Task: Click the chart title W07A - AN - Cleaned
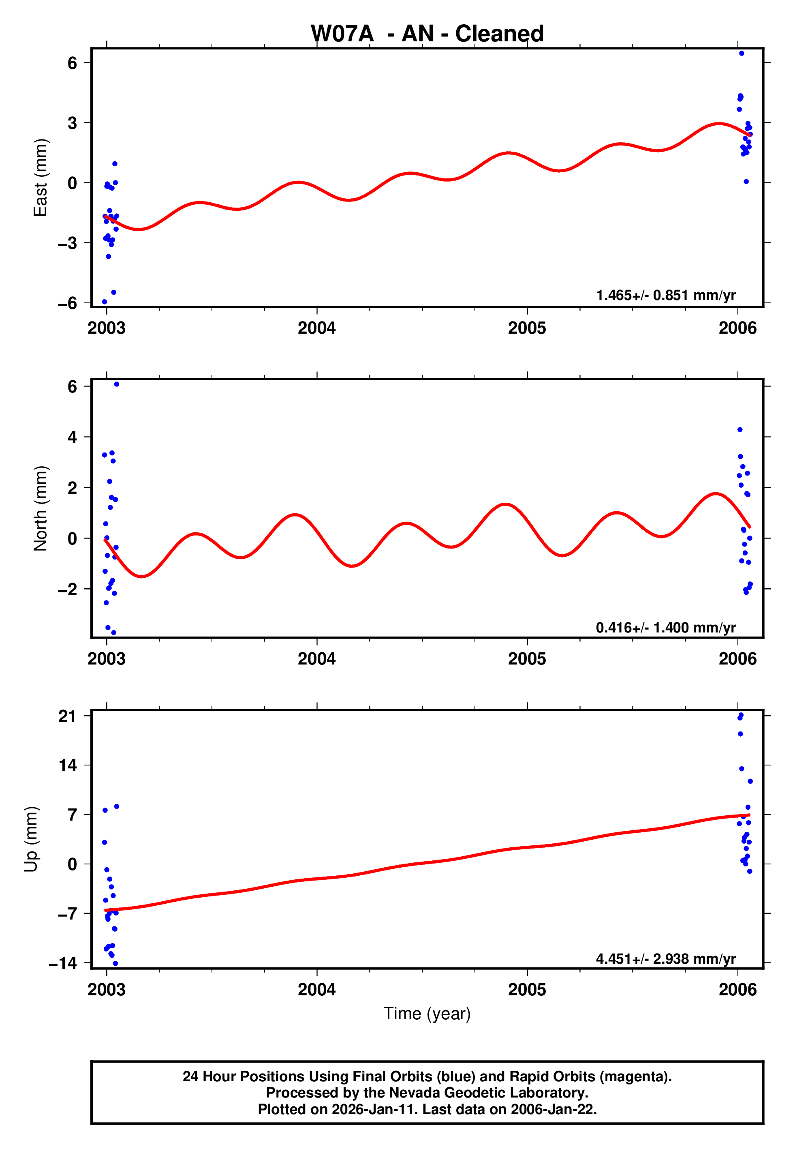click(x=427, y=34)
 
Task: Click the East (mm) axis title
click(x=40, y=178)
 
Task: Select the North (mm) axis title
click(x=40, y=508)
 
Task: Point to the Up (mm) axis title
click(x=31, y=839)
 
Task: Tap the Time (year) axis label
click(x=427, y=1014)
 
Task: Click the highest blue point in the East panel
click(x=741, y=53)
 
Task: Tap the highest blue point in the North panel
click(x=117, y=384)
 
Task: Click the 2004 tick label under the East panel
click(x=317, y=328)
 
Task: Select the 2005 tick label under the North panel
click(x=527, y=659)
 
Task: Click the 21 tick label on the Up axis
click(x=67, y=716)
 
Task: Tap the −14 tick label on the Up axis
click(x=63, y=963)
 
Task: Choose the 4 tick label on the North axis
click(x=73, y=437)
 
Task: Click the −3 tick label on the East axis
click(x=67, y=243)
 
